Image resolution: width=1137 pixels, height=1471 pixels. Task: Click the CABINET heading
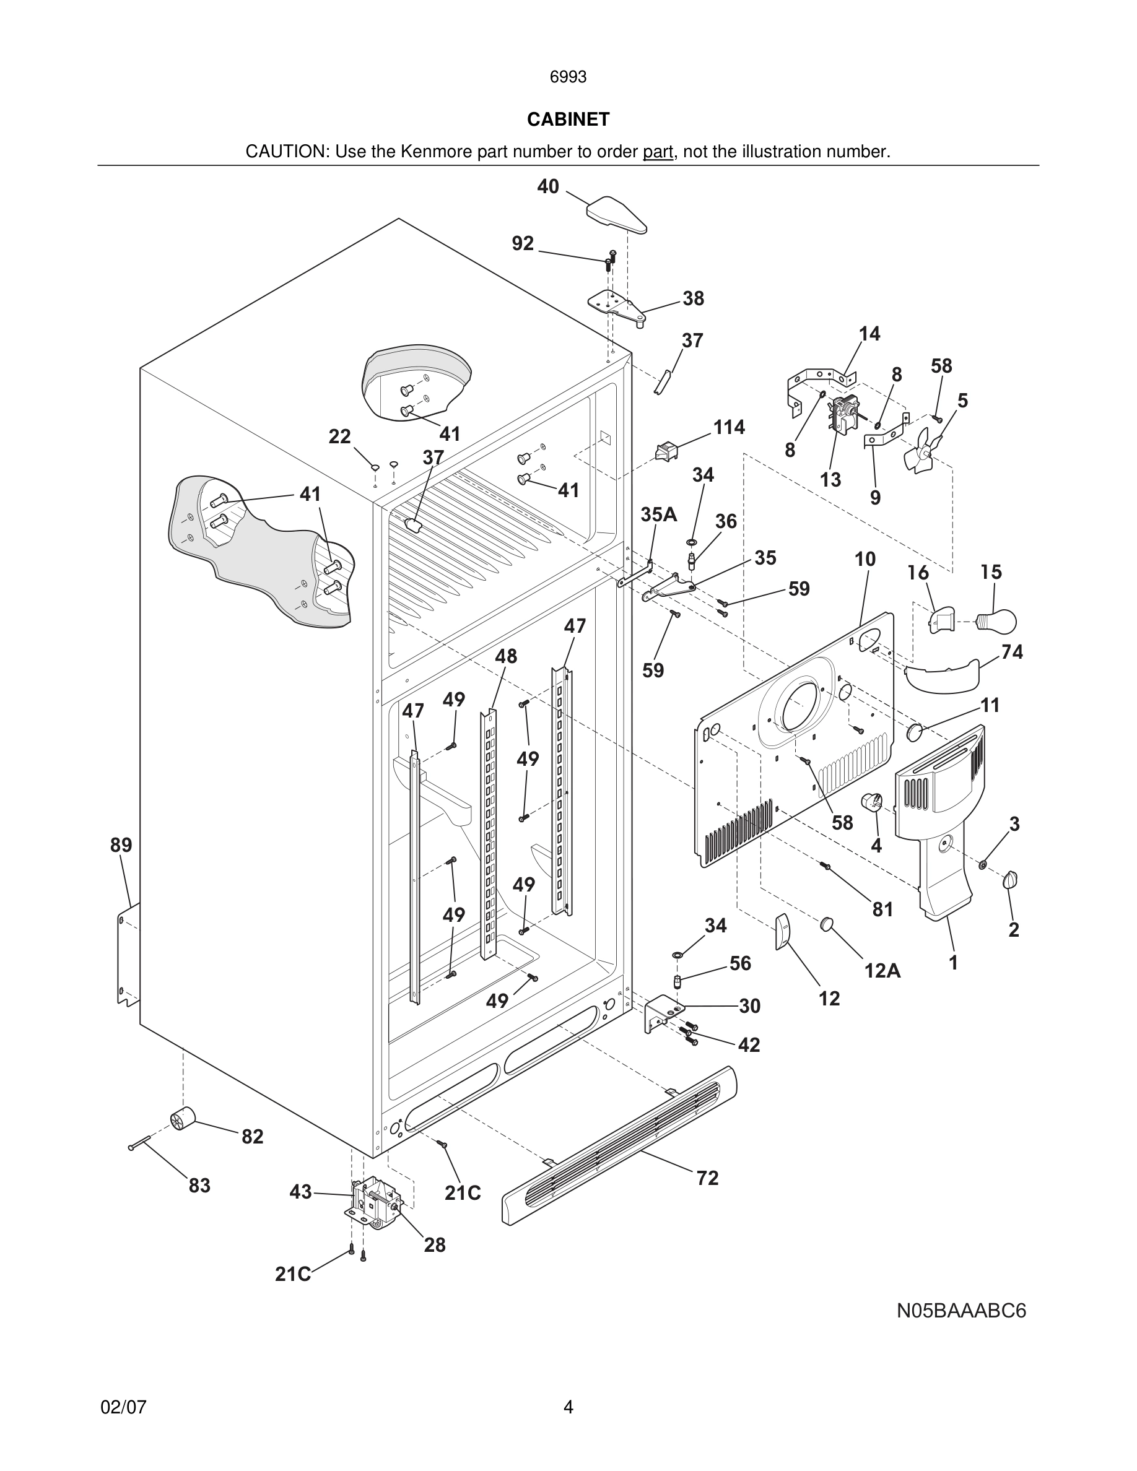click(x=568, y=119)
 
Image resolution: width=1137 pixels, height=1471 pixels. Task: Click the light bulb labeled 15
click(x=999, y=620)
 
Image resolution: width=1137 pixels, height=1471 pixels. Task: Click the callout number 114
click(x=729, y=427)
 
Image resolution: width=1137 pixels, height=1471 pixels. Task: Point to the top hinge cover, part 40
click(x=616, y=214)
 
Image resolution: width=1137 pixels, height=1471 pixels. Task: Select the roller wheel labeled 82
click(x=182, y=1119)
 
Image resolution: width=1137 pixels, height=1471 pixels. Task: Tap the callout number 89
click(x=121, y=844)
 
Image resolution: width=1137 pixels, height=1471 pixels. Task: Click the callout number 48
click(x=506, y=656)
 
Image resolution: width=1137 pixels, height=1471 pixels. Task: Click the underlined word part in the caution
click(x=658, y=152)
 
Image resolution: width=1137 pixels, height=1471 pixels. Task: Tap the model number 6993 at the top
click(x=568, y=77)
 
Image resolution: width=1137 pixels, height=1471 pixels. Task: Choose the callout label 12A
click(x=882, y=971)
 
